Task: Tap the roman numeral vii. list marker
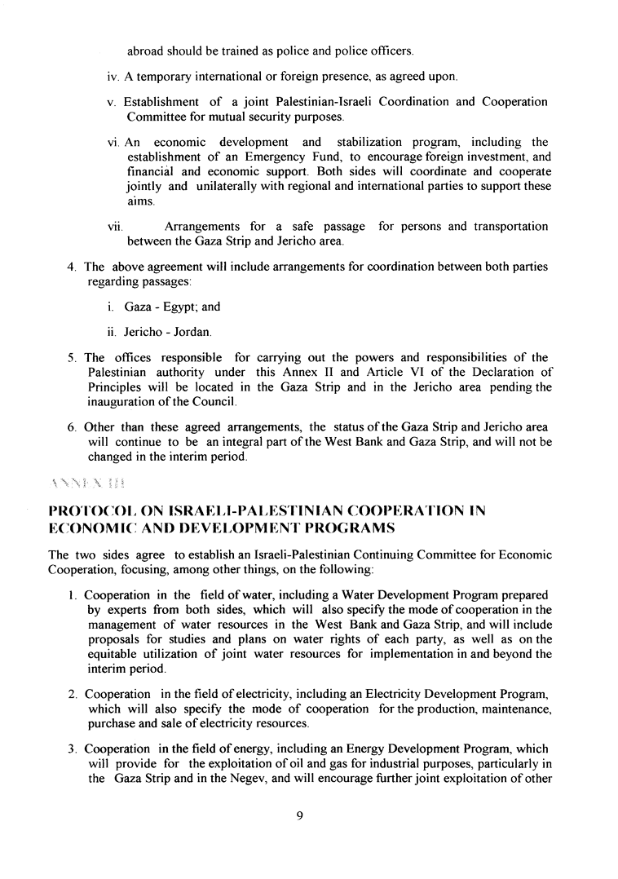tap(115, 227)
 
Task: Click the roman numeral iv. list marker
tap(113, 77)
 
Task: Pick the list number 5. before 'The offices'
tap(73, 357)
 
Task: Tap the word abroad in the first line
tap(145, 51)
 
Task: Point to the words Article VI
tap(377, 372)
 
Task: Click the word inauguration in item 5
tap(121, 401)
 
